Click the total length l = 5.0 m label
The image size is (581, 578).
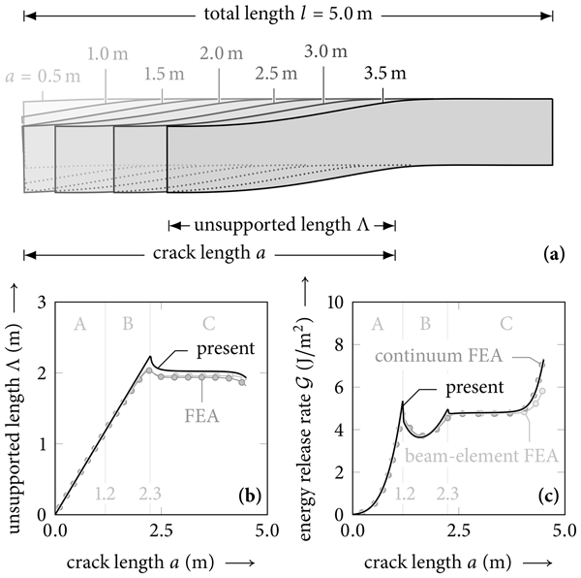pos(289,16)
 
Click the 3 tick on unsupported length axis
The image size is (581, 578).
pos(42,303)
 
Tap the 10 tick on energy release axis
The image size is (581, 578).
pos(335,303)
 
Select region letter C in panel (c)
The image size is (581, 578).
pos(505,322)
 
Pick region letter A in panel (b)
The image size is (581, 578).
pos(79,322)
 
